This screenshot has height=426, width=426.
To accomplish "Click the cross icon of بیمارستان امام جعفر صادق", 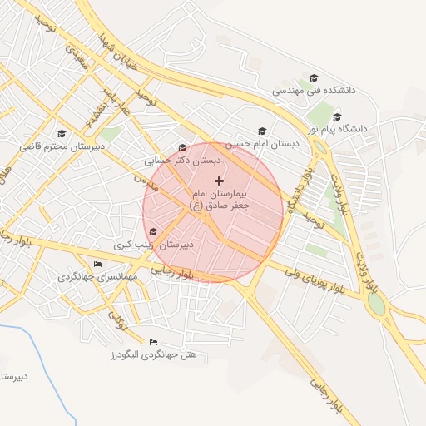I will click(x=219, y=181).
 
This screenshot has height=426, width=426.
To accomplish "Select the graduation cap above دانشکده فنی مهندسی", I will click(x=313, y=77).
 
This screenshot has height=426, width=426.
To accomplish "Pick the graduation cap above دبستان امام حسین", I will click(x=263, y=131).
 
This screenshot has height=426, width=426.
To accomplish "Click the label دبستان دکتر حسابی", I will click(x=182, y=160).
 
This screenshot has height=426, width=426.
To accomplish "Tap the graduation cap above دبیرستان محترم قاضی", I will click(x=61, y=133).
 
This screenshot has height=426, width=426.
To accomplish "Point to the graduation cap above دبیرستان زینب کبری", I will click(x=153, y=232).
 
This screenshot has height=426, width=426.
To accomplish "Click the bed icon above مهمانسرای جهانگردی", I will click(x=98, y=264).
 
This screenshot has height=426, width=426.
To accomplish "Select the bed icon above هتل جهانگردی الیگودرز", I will click(x=152, y=342).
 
